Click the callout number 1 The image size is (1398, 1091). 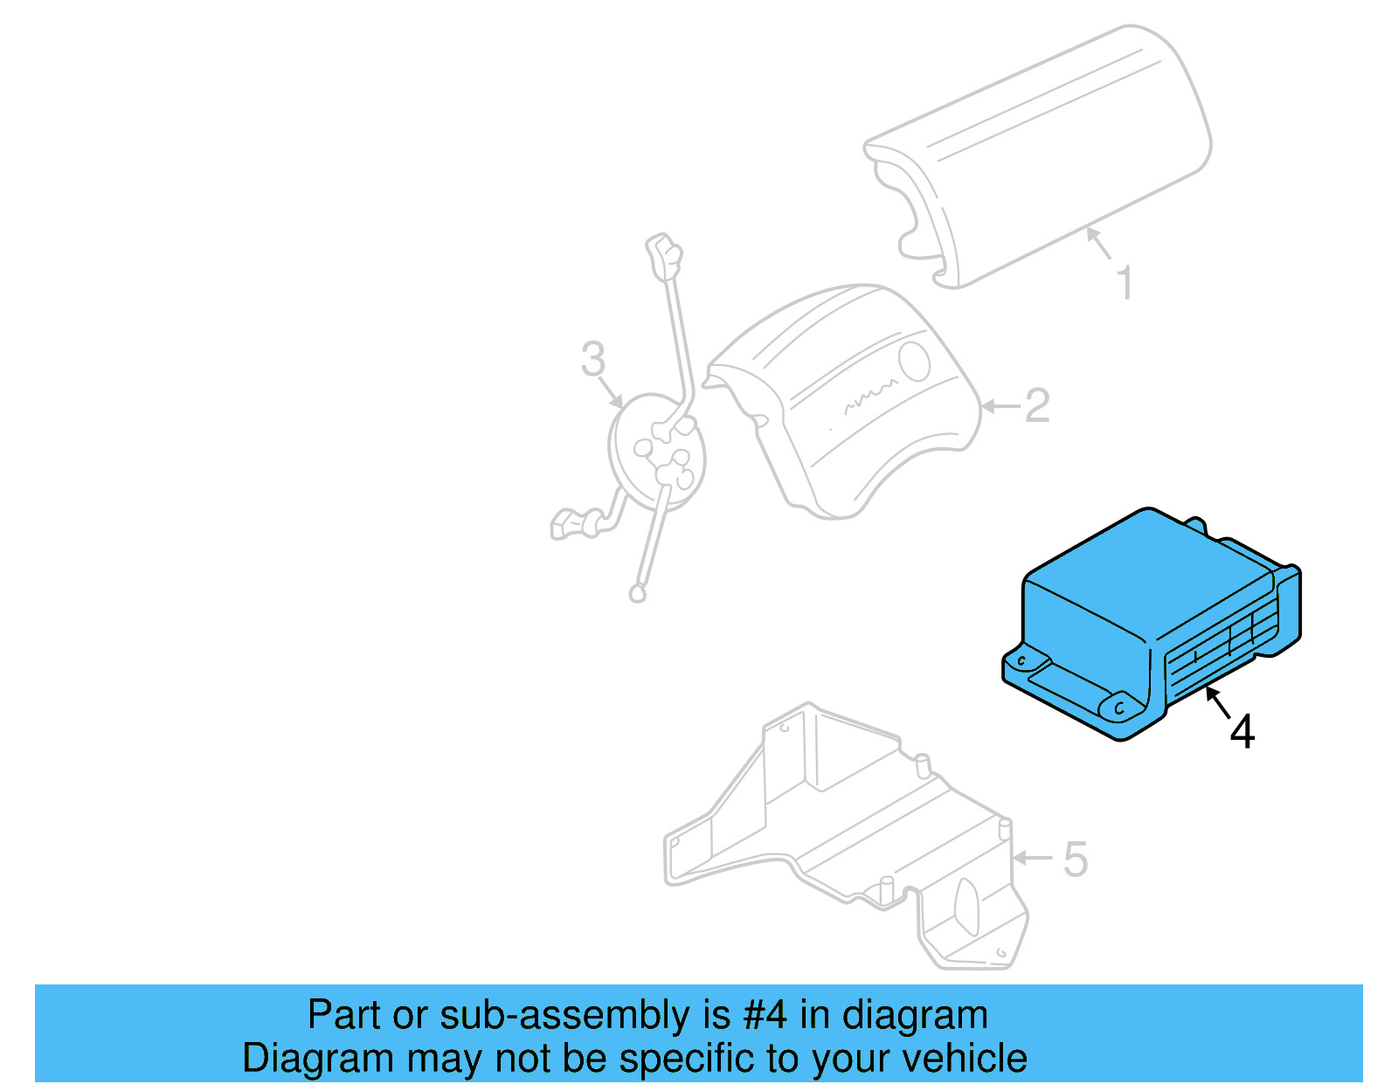coord(1125,283)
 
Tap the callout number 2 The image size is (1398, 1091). coord(1036,406)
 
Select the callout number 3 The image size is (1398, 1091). coord(593,359)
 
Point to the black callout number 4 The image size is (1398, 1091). coord(1242,732)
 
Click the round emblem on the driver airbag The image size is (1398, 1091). coord(915,360)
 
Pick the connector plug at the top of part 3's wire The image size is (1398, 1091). coord(663,252)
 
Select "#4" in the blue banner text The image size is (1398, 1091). coord(765,1016)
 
